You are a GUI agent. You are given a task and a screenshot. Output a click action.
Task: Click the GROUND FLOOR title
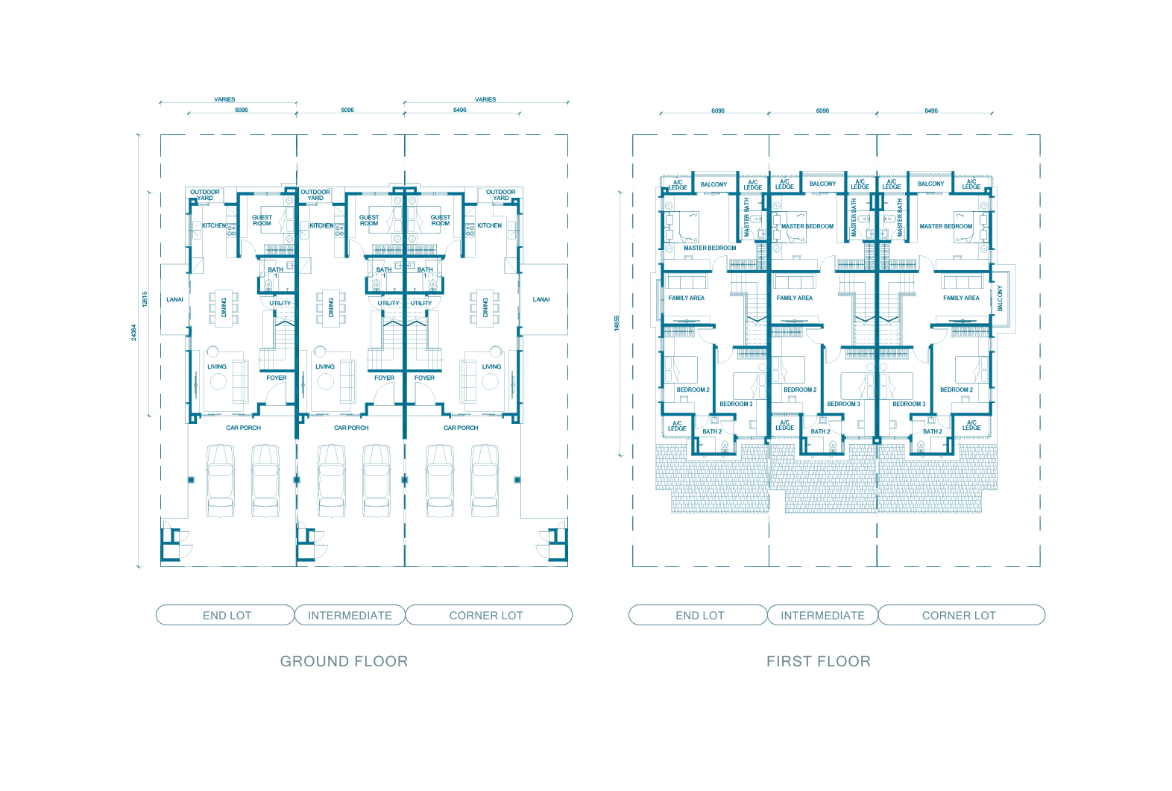pos(344,661)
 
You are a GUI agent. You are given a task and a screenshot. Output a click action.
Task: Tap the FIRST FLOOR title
pos(819,661)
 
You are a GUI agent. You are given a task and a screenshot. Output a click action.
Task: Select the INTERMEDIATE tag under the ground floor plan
pos(350,616)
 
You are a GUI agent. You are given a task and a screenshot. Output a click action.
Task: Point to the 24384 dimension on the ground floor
pos(134,333)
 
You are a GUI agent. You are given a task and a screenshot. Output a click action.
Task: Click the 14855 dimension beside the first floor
pos(617,323)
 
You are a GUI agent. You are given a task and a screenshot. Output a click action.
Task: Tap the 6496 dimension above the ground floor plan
pos(460,110)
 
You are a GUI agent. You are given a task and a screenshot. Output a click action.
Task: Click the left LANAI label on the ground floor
pos(174,300)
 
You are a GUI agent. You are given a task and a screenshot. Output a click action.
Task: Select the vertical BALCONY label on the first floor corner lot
pos(1001,298)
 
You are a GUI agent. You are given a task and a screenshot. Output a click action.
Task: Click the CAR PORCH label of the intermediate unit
pos(351,428)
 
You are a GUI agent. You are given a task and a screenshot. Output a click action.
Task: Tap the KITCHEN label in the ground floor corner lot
pos(489,226)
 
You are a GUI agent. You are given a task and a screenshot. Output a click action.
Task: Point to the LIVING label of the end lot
pos(217,366)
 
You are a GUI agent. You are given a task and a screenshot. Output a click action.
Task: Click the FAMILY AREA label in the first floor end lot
pos(687,298)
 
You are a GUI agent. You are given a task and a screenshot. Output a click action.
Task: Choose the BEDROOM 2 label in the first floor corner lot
pos(957,390)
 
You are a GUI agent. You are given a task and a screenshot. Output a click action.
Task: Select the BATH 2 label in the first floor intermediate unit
pos(820,431)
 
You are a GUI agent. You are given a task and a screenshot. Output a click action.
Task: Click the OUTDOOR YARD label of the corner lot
pos(501,195)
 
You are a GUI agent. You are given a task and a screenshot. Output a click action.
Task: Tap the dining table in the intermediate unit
pos(331,308)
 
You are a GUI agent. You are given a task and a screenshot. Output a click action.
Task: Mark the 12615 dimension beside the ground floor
pos(145,299)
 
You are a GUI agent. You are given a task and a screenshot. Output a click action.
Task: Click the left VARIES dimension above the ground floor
pos(224,99)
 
